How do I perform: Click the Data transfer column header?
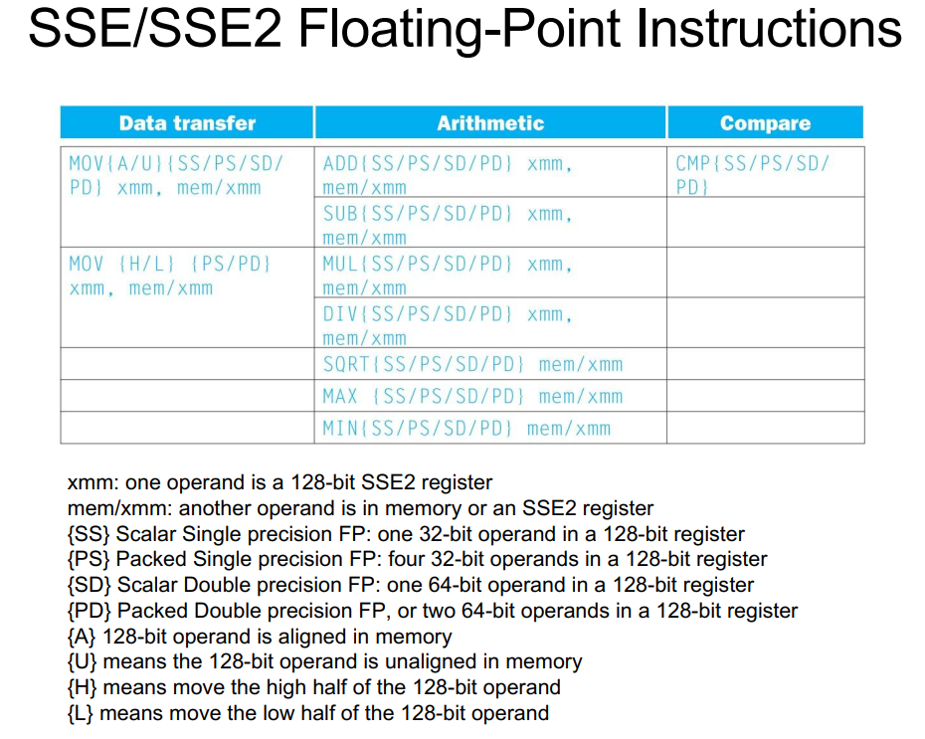(187, 122)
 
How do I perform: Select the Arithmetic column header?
(490, 122)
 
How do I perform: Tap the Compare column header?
(765, 122)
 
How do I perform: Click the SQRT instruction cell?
(490, 364)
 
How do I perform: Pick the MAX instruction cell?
(490, 396)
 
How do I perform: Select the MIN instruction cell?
(490, 428)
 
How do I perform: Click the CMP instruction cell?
(766, 172)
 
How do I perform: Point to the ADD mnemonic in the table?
(340, 163)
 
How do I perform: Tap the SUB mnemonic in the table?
(340, 214)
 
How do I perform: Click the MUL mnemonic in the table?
(340, 264)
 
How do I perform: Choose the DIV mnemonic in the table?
(340, 313)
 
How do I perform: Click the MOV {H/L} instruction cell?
(188, 297)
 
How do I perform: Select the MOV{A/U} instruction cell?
(188, 197)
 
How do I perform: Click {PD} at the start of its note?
(90, 611)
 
